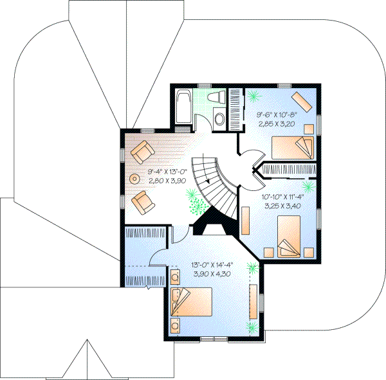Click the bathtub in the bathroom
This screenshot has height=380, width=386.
click(183, 105)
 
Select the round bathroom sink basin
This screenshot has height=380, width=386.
click(219, 119)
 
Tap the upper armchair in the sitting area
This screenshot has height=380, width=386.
click(142, 152)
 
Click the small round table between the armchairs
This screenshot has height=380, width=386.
click(135, 178)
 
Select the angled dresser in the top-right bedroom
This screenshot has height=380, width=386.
click(300, 102)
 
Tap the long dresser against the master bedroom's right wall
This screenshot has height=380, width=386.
click(261, 302)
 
